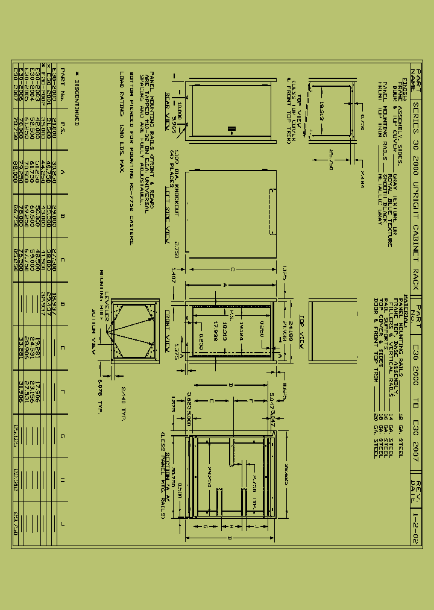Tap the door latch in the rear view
230,128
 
